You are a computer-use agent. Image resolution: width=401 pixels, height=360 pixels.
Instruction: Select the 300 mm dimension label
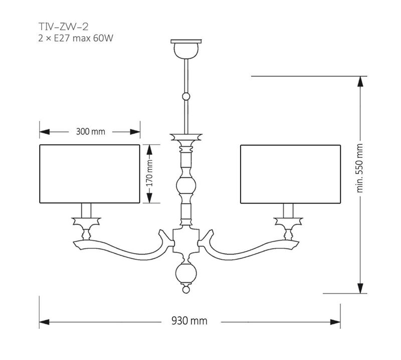pos(90,131)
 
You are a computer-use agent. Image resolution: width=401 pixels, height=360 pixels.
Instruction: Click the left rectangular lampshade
pos(89,174)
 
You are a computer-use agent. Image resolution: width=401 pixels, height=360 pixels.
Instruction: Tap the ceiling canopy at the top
pos(186,48)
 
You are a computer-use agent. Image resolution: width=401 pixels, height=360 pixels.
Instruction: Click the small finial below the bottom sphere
pos(186,290)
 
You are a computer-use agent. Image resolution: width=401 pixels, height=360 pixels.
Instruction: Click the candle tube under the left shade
pos(86,210)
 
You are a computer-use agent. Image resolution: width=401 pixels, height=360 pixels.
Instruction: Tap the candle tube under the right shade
pos(289,210)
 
